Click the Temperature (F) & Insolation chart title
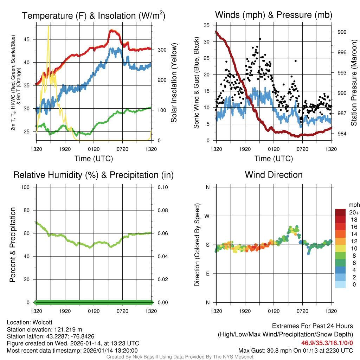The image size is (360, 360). point(94,15)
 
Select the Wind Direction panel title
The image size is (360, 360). point(274,175)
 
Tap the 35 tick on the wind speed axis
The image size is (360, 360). point(207,25)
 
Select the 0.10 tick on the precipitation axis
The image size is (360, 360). point(162,187)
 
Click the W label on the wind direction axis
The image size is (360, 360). point(207,216)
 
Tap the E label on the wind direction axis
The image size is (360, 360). point(208,274)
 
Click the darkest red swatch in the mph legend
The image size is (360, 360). point(340,212)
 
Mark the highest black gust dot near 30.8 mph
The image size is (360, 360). point(260,39)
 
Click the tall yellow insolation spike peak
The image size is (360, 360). point(49,27)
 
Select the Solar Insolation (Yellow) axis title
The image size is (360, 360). point(174,83)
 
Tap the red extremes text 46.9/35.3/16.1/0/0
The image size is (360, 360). point(327,343)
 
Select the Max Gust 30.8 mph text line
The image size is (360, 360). point(295,350)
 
